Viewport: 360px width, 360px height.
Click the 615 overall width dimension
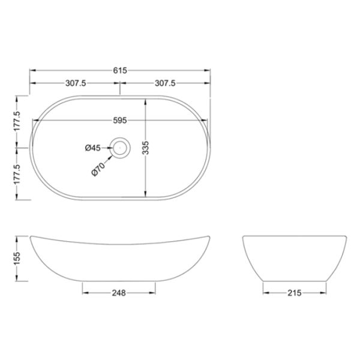coord(120,70)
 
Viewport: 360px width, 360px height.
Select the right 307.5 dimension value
coord(165,84)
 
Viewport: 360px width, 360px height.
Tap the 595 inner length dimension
coord(120,121)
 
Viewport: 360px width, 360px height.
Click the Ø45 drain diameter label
coord(93,146)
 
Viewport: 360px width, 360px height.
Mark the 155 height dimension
coord(18,257)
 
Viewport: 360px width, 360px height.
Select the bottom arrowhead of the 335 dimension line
coord(145,194)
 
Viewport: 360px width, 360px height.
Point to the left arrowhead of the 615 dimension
coord(32,70)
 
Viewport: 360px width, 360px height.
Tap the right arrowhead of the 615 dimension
coord(208,70)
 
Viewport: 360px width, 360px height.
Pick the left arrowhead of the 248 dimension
coord(83,293)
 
